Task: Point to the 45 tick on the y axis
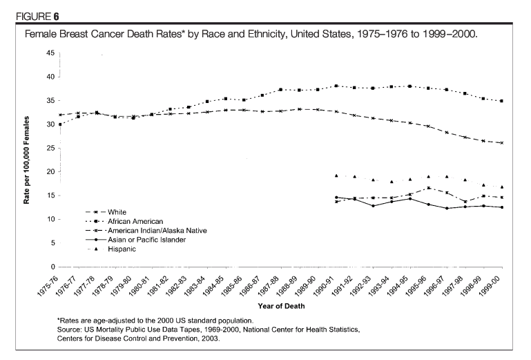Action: click(x=50, y=53)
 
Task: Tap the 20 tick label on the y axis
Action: click(x=50, y=172)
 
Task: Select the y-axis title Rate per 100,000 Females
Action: click(x=28, y=160)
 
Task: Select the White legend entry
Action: click(x=107, y=212)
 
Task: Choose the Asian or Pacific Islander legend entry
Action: click(x=137, y=239)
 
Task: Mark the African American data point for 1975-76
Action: click(x=61, y=124)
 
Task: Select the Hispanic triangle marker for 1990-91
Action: click(x=336, y=176)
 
